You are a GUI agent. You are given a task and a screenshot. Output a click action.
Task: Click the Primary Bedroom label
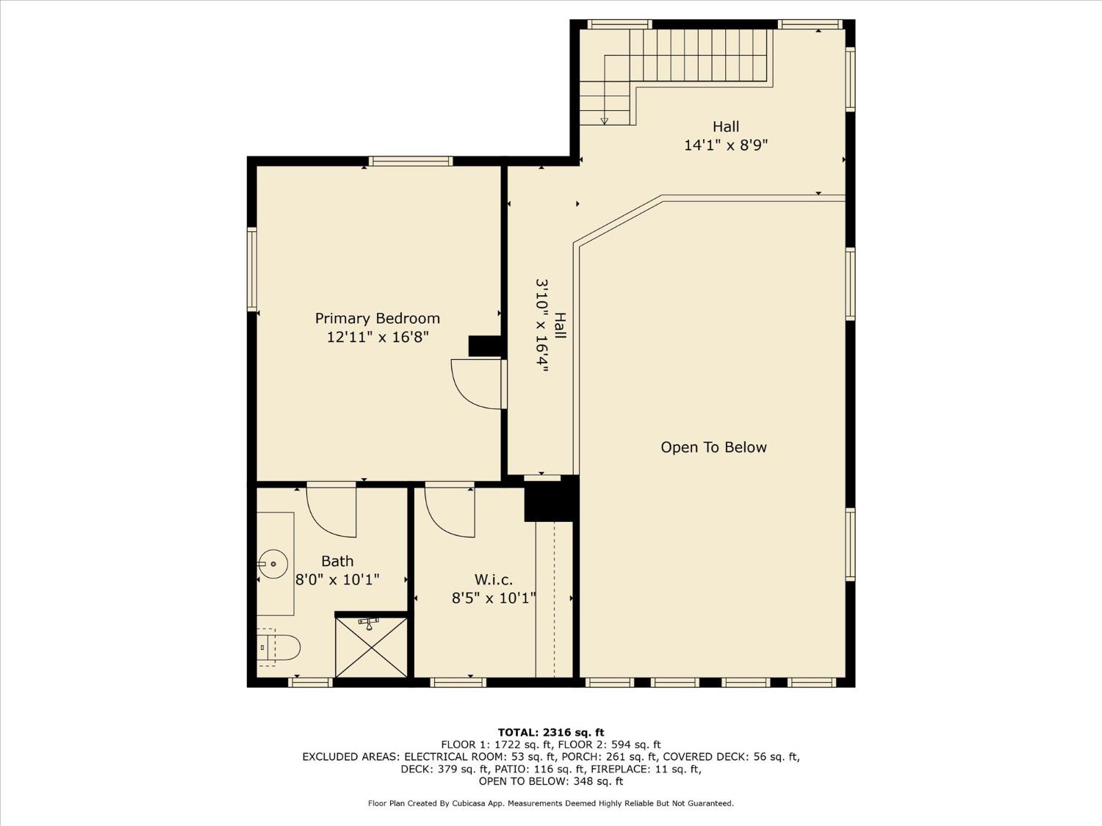(377, 318)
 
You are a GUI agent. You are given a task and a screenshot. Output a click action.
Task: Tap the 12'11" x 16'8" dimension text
(377, 337)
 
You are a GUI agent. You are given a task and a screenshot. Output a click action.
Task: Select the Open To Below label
(713, 447)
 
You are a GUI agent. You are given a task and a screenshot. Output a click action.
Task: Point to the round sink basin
(273, 564)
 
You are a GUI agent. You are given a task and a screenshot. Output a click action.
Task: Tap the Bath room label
(337, 561)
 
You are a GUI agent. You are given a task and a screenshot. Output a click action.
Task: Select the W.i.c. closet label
(493, 580)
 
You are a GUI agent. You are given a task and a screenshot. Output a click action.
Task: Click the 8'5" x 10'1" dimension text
(493, 598)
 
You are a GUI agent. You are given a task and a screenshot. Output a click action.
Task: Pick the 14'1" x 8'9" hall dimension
(725, 145)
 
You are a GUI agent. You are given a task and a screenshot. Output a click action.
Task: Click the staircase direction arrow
(605, 120)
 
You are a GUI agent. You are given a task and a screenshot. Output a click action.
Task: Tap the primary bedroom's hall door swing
(477, 383)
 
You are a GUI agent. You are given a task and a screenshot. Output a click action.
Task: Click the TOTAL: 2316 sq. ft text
(550, 732)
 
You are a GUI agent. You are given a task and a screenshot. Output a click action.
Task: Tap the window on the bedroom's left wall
(252, 269)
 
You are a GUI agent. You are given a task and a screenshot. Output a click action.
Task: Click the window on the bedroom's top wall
(410, 162)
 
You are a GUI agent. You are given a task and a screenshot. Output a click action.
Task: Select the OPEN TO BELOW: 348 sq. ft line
(550, 781)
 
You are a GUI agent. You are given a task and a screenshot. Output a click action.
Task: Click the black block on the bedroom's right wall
(484, 346)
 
